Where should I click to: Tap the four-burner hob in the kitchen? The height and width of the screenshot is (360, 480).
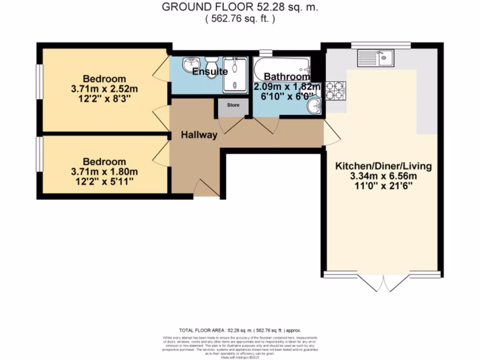[335, 90]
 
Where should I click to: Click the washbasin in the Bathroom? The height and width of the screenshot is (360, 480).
[314, 107]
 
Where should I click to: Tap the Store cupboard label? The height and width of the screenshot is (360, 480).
[233, 105]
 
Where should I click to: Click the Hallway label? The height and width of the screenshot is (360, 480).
[199, 135]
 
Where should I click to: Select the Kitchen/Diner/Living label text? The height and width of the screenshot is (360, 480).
[383, 166]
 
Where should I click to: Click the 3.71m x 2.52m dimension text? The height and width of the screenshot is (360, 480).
[105, 88]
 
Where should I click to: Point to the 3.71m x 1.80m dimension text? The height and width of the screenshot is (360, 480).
[105, 172]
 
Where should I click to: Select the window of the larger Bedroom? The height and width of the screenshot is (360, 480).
[40, 82]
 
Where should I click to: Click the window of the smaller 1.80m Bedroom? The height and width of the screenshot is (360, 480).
[40, 154]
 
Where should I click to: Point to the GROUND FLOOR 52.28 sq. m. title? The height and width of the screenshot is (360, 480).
[240, 7]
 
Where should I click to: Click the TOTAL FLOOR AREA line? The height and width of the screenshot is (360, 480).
[240, 330]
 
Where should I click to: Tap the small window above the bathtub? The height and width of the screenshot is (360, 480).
[266, 52]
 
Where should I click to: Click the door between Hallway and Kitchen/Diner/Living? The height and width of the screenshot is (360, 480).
[332, 136]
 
